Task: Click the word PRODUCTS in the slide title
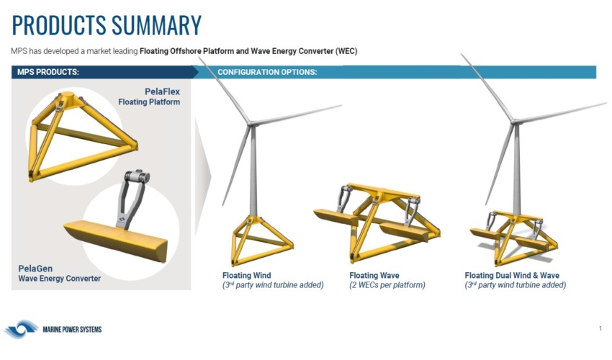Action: (59, 25)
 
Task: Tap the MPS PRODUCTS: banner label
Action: (48, 72)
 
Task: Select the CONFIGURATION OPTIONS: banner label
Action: (267, 72)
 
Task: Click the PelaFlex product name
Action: (163, 91)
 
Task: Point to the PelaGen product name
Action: (35, 269)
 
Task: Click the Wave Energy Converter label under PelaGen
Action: (59, 279)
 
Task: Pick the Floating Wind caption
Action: (247, 275)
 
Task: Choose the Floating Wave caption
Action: (374, 275)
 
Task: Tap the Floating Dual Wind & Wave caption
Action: (512, 275)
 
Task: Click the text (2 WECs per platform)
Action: (387, 285)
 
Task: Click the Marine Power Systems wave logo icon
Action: (22, 329)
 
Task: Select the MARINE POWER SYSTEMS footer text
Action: (72, 330)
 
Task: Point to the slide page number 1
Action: (600, 328)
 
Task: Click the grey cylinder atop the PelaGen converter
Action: (137, 176)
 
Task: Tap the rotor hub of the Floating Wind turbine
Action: (251, 124)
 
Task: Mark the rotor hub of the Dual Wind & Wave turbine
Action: (516, 122)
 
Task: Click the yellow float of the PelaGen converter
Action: (115, 239)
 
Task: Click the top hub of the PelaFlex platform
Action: (68, 95)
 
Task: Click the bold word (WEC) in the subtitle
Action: (346, 51)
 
